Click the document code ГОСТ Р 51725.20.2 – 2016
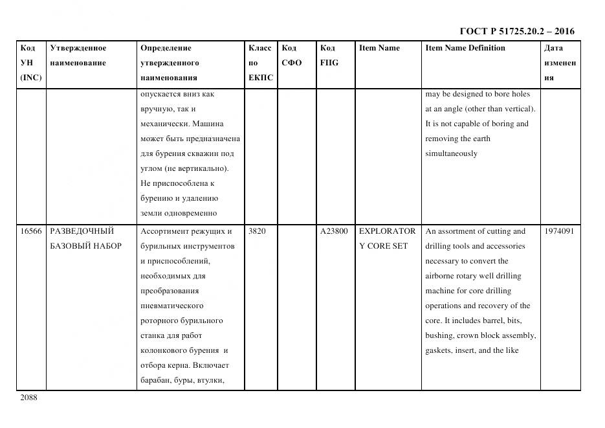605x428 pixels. pyautogui.click(x=516, y=31)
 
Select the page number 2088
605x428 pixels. pyautogui.click(x=29, y=398)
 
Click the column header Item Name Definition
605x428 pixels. pyautogui.click(x=465, y=48)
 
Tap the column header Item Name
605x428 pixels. pyautogui.click(x=379, y=48)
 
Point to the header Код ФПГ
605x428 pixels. pyautogui.click(x=329, y=55)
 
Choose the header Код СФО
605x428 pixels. pyautogui.click(x=291, y=55)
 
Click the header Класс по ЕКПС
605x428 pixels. pyautogui.click(x=261, y=63)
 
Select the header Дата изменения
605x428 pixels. pyautogui.click(x=560, y=63)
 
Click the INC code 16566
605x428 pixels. pyautogui.click(x=31, y=231)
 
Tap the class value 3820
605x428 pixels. pyautogui.click(x=257, y=231)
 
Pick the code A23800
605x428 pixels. pyautogui.click(x=334, y=231)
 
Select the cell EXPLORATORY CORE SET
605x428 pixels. pyautogui.click(x=387, y=238)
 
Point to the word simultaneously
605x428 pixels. pyautogui.click(x=451, y=154)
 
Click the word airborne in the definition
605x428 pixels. pyautogui.click(x=441, y=276)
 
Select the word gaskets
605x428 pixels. pyautogui.click(x=440, y=351)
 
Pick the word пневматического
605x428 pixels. pyautogui.click(x=171, y=306)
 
